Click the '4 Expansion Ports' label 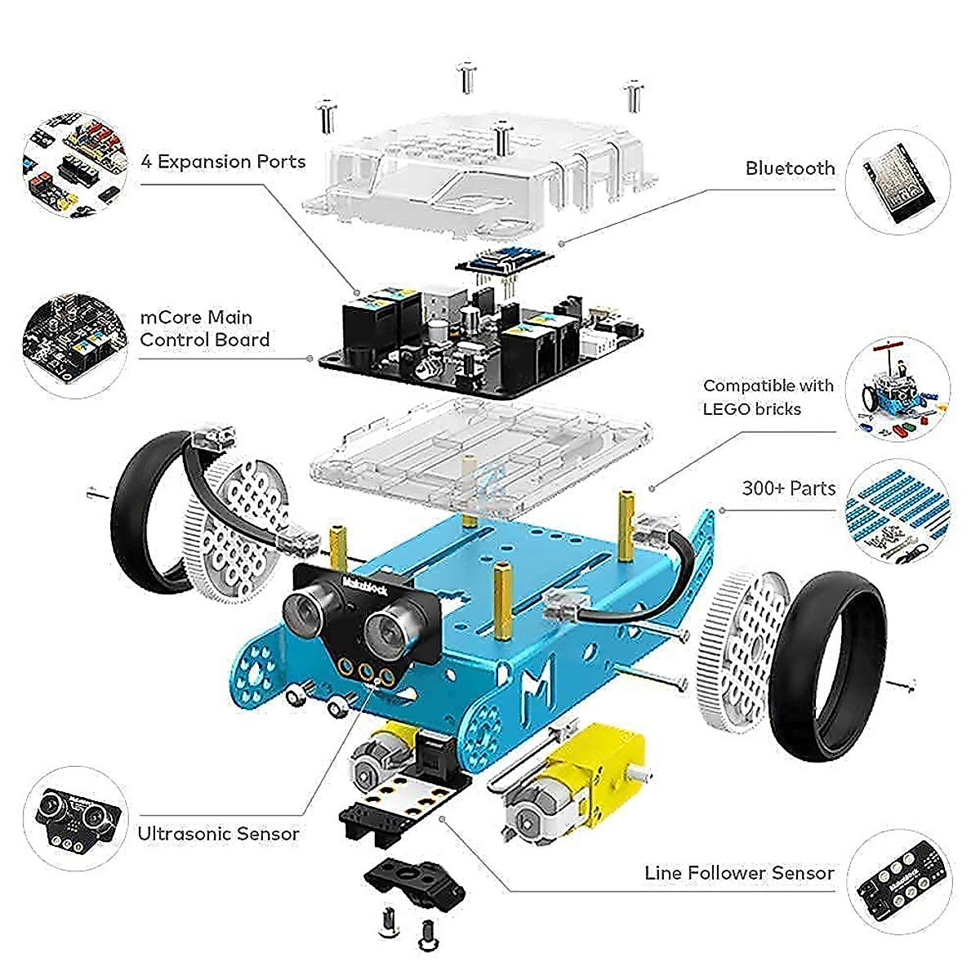[x=223, y=162]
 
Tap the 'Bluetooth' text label [x=790, y=168]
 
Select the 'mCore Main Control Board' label [x=204, y=328]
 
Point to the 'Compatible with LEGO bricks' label [x=768, y=397]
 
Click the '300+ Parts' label [x=788, y=488]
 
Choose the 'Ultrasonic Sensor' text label [x=218, y=834]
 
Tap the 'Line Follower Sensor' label [x=739, y=873]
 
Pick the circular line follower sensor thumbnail [x=898, y=881]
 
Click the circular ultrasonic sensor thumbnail [x=75, y=817]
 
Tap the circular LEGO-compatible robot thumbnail [x=897, y=390]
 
